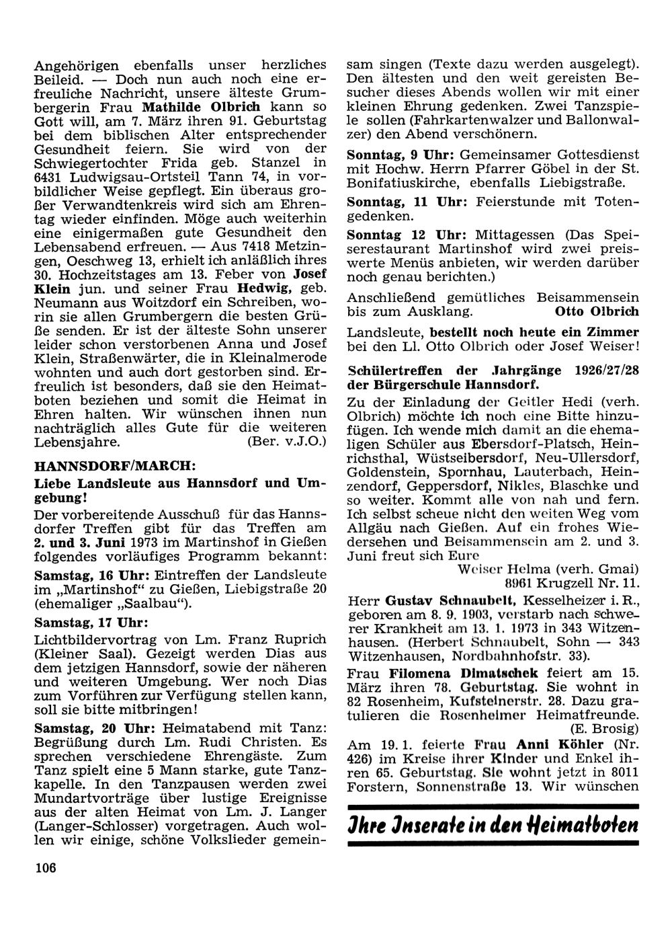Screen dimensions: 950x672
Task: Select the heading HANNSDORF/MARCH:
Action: [115, 466]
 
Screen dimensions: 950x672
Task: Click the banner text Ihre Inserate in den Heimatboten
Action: [492, 824]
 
